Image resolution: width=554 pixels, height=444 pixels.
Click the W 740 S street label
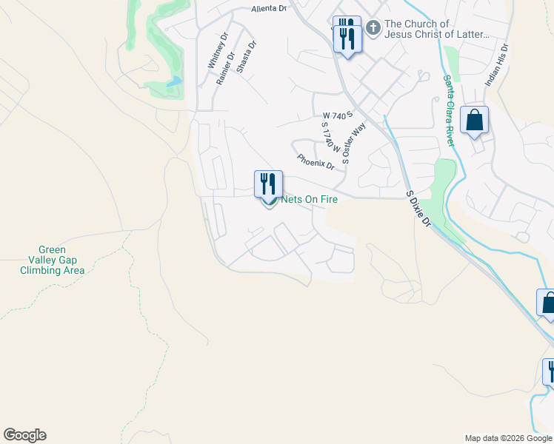point(336,115)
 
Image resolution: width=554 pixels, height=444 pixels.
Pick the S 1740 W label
point(330,137)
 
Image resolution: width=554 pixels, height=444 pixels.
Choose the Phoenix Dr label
point(316,161)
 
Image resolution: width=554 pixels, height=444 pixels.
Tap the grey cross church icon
point(373,29)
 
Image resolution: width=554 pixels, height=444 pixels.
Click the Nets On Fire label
point(310,201)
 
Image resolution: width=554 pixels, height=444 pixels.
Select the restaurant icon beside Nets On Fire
point(268,184)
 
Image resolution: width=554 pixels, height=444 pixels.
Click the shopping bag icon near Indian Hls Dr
point(474,120)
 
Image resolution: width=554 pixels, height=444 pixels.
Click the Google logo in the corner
point(24,435)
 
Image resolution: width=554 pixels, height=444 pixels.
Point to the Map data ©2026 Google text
point(508,438)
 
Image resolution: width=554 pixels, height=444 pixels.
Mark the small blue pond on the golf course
point(175,81)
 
